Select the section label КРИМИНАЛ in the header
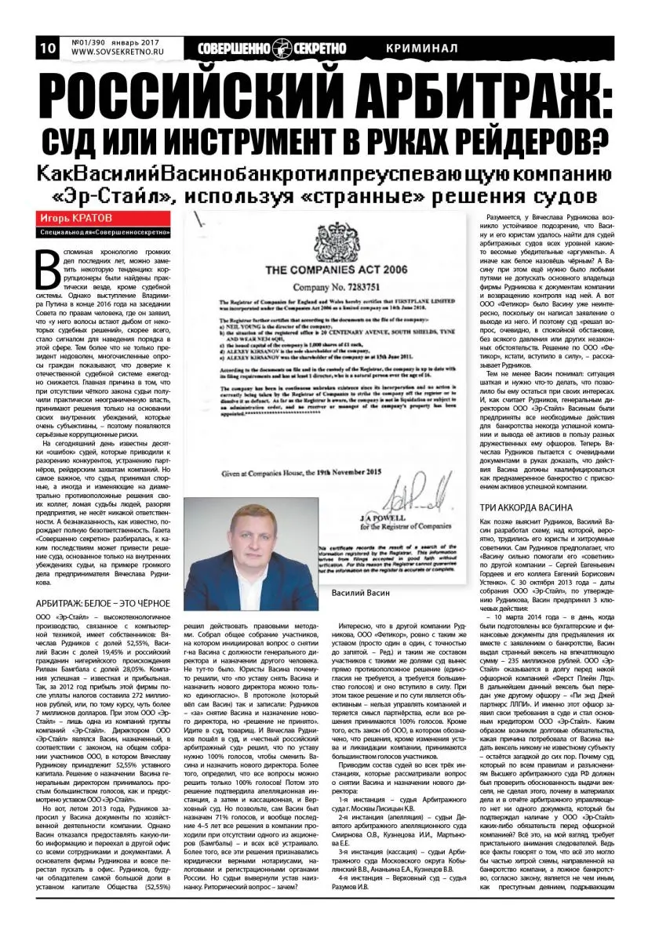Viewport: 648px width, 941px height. (422, 48)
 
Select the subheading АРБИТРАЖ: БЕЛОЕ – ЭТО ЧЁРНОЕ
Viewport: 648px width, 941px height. (104, 602)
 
